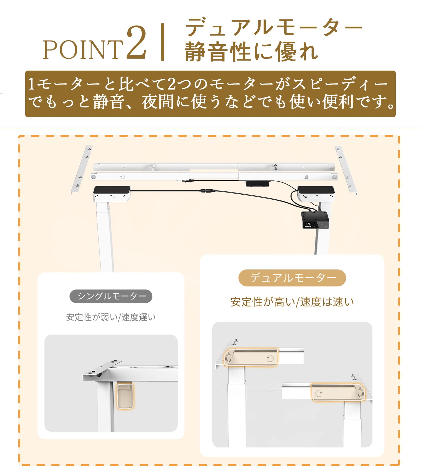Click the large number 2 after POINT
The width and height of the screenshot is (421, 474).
(x=136, y=43)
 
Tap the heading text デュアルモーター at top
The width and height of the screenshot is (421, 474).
(x=274, y=27)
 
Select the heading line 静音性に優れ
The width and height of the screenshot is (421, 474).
(x=251, y=52)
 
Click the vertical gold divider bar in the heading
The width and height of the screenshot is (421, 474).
(x=163, y=42)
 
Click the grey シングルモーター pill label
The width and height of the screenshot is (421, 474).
(x=111, y=296)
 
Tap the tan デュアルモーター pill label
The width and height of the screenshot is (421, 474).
(x=292, y=278)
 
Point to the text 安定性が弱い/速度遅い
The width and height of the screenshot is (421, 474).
(x=111, y=317)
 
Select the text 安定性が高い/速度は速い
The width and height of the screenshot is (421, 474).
(x=292, y=302)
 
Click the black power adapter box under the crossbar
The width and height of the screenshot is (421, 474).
(x=257, y=184)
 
